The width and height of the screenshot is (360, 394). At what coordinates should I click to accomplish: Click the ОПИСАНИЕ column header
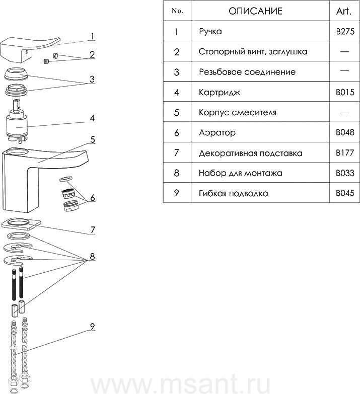pyautogui.click(x=255, y=11)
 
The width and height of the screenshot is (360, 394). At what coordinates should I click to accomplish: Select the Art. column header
pyautogui.click(x=345, y=11)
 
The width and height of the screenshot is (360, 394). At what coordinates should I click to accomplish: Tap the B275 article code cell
pyautogui.click(x=345, y=32)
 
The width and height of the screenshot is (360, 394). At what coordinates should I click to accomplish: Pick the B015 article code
pyautogui.click(x=345, y=92)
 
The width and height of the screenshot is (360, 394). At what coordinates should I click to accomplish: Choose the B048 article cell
pyautogui.click(x=345, y=133)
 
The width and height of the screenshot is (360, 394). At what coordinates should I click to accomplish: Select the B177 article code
pyautogui.click(x=345, y=153)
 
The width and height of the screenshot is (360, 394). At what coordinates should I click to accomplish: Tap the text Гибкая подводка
pyautogui.click(x=233, y=193)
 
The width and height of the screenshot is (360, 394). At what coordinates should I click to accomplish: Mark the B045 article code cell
pyautogui.click(x=345, y=193)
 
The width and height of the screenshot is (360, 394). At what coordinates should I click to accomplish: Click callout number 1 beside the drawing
pyautogui.click(x=93, y=36)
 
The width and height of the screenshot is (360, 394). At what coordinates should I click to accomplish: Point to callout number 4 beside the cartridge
pyautogui.click(x=93, y=119)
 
